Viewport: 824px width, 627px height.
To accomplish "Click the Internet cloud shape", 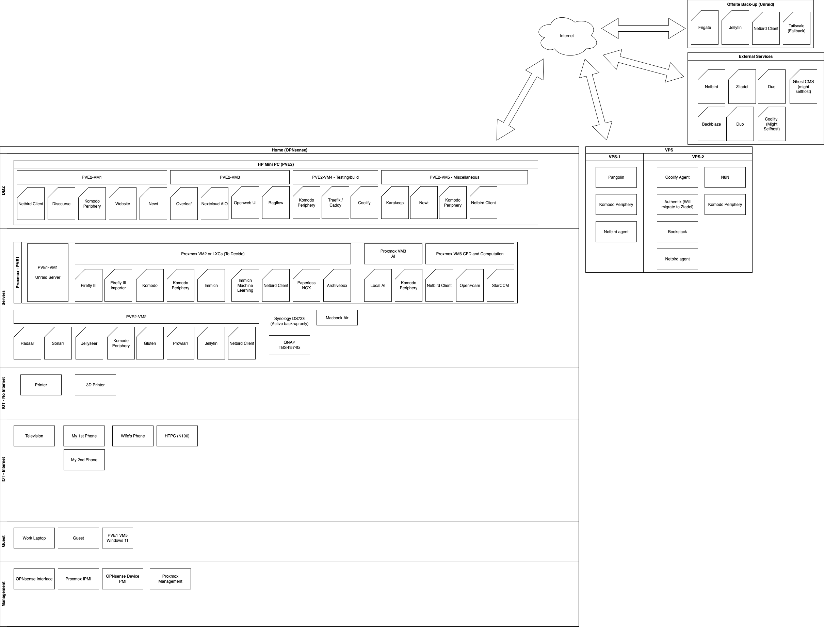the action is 567,36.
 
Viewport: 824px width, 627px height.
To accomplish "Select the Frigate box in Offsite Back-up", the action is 705,28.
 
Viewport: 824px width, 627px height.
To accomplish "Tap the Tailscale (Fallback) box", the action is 796,28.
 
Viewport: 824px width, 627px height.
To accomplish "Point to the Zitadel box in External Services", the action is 742,86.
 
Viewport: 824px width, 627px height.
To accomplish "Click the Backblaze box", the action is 711,124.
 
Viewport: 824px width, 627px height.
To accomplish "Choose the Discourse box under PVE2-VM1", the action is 61,204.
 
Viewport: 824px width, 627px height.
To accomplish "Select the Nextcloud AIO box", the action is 214,204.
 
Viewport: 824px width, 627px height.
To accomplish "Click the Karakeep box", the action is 395,203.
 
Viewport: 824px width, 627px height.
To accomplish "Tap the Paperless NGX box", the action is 306,286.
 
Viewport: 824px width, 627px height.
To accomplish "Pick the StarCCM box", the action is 500,286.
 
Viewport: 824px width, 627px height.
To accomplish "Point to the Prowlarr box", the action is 181,343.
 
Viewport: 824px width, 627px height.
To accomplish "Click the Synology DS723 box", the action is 289,321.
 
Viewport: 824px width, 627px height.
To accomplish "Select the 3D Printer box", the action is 96,385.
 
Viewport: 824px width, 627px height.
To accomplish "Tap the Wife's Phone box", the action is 133,436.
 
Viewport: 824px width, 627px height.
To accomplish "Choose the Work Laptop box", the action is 34,538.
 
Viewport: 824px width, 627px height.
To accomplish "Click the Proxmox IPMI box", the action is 78,579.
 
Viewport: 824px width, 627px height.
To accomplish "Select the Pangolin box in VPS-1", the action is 616,177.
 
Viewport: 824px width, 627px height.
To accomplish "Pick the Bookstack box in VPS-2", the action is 677,232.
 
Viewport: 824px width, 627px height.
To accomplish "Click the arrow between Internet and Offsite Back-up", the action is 643,28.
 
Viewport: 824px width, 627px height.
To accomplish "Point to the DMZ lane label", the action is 3,191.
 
